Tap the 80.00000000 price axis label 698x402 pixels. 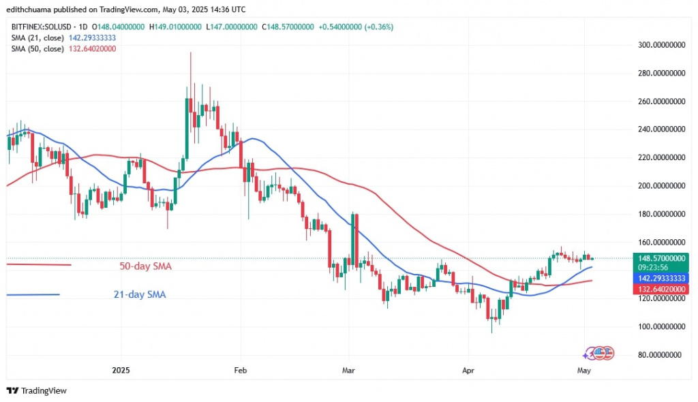point(659,355)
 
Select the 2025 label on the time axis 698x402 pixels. point(120,371)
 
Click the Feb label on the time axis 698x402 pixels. point(239,371)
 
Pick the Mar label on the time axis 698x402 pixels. point(348,371)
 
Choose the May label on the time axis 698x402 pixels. point(583,371)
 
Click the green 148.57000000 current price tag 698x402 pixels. point(660,258)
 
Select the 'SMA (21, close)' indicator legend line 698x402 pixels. point(62,37)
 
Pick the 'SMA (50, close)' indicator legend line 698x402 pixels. point(62,48)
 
